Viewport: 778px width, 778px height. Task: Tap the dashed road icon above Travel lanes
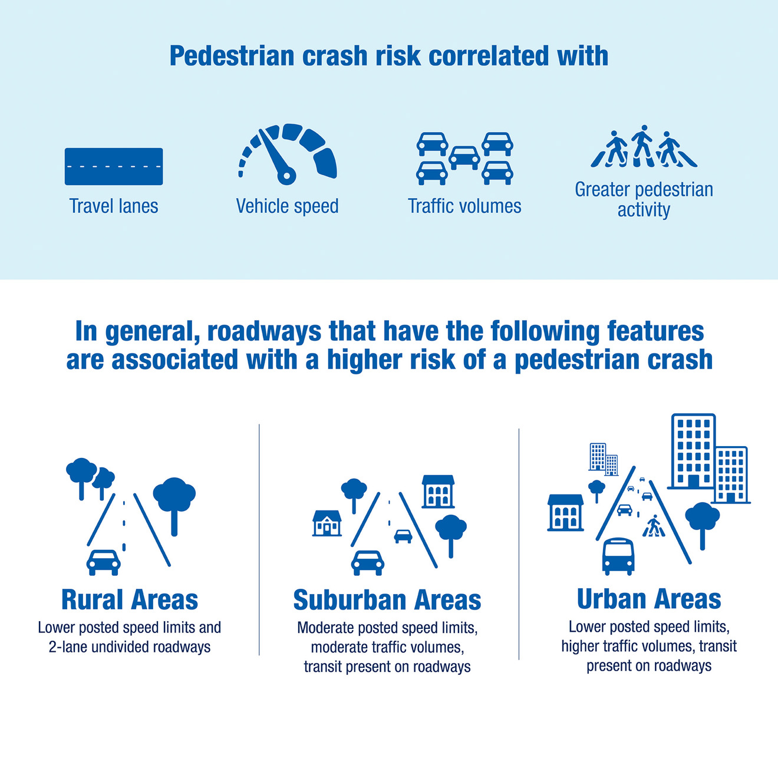pyautogui.click(x=114, y=166)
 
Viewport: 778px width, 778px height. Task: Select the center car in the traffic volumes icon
pyautogui.click(x=464, y=158)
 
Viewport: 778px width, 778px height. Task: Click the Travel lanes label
pyautogui.click(x=114, y=206)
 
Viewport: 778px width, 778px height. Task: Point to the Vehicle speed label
pyautogui.click(x=287, y=206)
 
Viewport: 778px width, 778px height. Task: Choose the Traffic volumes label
pyautogui.click(x=464, y=206)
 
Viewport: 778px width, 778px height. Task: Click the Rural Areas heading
pyautogui.click(x=130, y=599)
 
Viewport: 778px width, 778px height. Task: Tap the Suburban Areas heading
pyautogui.click(x=387, y=599)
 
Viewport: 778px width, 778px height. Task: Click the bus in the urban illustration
pyautogui.click(x=618, y=556)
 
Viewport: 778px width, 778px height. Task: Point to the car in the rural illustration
pyautogui.click(x=103, y=562)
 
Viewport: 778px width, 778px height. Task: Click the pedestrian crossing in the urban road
pyautogui.click(x=654, y=526)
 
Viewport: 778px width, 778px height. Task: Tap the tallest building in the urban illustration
pyautogui.click(x=693, y=451)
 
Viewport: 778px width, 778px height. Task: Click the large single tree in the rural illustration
pyautogui.click(x=174, y=506)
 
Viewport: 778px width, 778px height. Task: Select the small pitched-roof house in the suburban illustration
pyautogui.click(x=327, y=523)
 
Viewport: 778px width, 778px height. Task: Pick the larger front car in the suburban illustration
pyautogui.click(x=367, y=563)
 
